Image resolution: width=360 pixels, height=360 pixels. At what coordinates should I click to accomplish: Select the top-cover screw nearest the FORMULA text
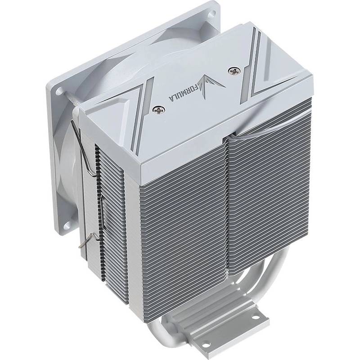tap(159, 110)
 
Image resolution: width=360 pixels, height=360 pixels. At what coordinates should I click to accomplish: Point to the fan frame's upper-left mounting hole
tap(59, 90)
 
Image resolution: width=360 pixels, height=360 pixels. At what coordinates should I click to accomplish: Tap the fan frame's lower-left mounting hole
tap(67, 226)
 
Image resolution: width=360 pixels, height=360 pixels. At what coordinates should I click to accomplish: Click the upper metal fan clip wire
tap(85, 147)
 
